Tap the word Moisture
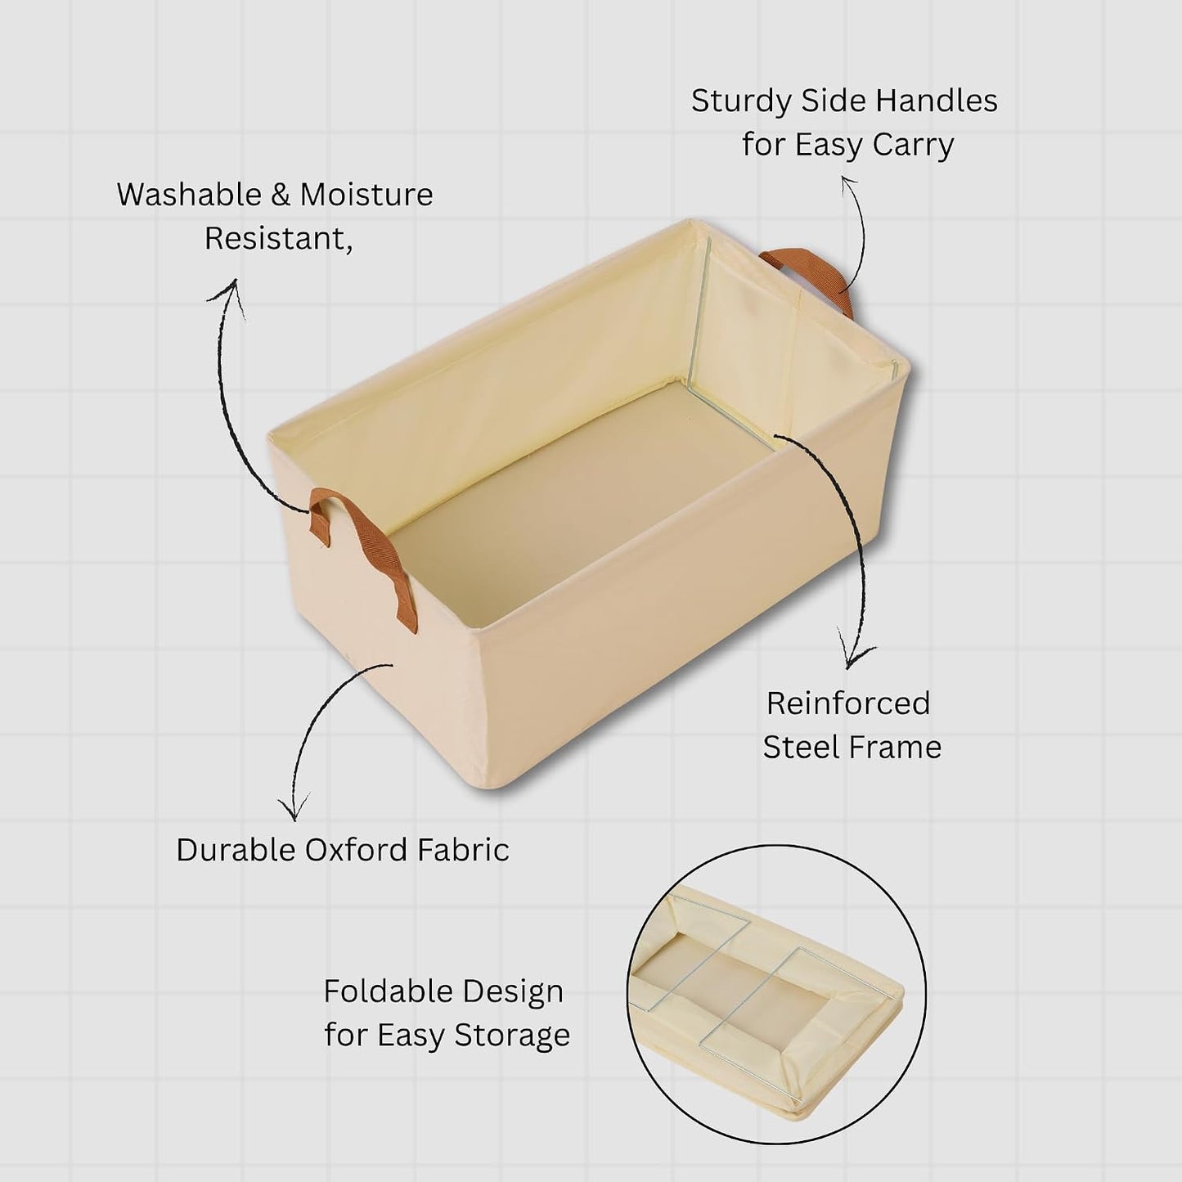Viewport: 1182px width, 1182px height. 366,195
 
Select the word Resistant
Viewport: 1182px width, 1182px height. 278,239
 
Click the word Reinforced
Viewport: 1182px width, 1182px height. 848,703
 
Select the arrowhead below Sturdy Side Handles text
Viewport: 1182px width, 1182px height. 849,184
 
